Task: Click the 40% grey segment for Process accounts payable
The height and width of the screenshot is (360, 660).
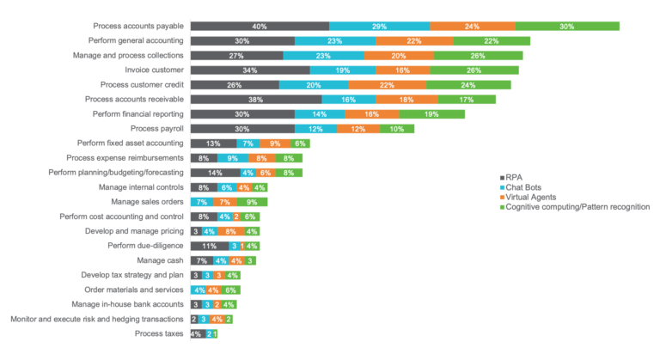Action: coord(260,27)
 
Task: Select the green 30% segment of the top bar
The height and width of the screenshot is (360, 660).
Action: coord(567,27)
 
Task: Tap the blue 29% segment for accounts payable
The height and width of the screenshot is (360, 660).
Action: coord(379,27)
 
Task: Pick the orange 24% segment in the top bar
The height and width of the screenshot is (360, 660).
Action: coord(472,27)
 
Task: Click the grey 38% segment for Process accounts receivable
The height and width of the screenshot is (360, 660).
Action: coord(256,100)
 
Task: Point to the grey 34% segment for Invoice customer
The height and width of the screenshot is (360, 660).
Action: coord(250,70)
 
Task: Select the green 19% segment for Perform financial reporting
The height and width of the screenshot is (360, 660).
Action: coord(431,114)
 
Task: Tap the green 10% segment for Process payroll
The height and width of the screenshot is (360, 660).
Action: coord(397,129)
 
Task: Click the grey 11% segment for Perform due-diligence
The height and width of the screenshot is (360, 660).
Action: coord(209,246)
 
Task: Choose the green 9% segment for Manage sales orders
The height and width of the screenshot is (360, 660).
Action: coord(252,202)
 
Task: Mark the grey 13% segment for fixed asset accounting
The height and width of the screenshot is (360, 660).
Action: coord(213,143)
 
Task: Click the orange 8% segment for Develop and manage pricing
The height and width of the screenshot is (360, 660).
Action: coord(230,231)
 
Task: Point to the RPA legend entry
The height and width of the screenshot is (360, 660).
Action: coord(513,177)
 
